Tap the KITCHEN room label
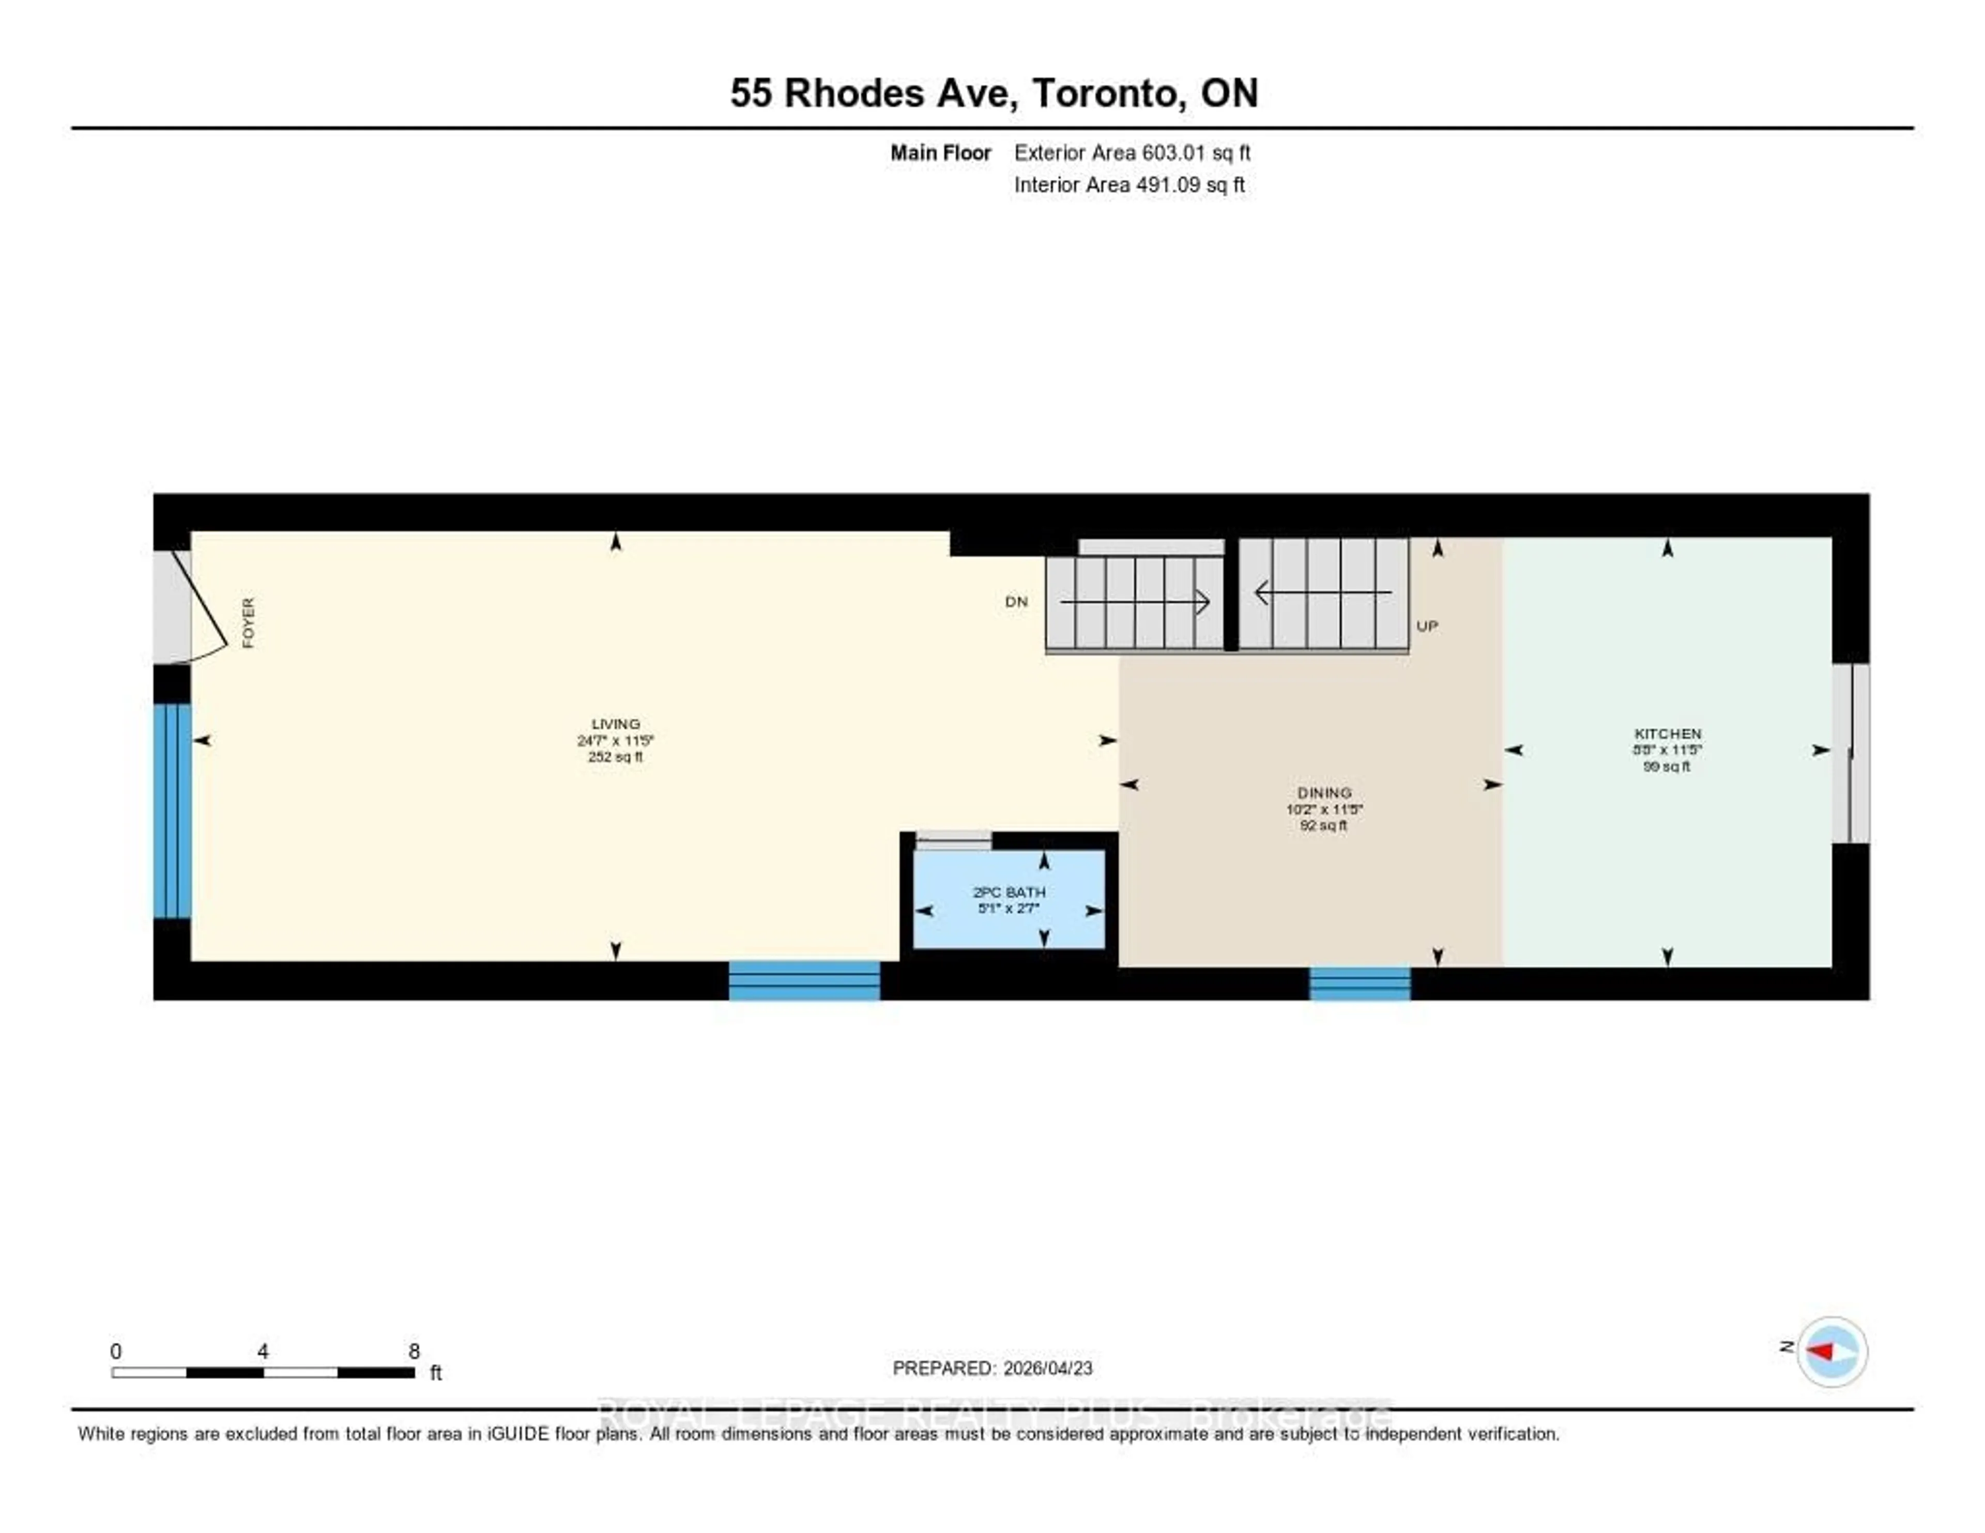pyautogui.click(x=1667, y=733)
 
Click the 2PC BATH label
pyautogui.click(x=1009, y=893)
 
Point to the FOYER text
pyautogui.click(x=248, y=623)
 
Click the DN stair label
pyautogui.click(x=1016, y=602)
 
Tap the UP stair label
pyautogui.click(x=1427, y=626)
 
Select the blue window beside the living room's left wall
pyautogui.click(x=172, y=810)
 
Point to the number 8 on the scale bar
pyautogui.click(x=415, y=1351)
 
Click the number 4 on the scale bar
pyautogui.click(x=263, y=1351)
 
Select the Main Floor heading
pyautogui.click(x=940, y=152)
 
